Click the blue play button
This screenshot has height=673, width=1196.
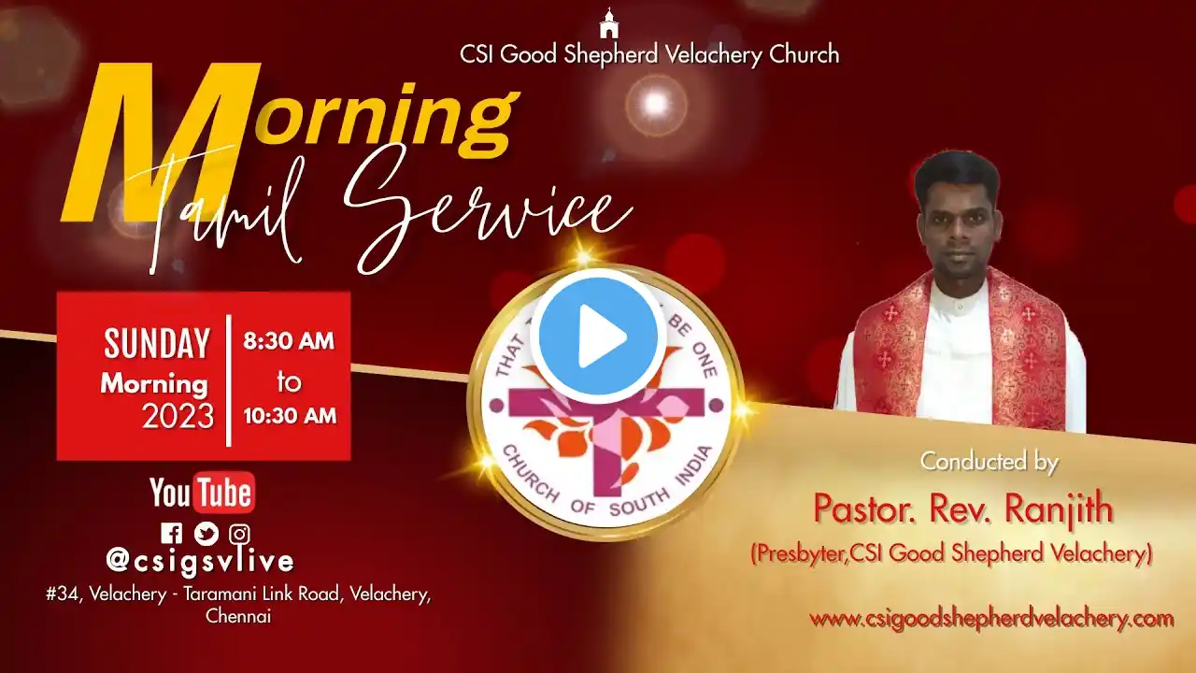pos(598,336)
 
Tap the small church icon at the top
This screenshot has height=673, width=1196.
pos(608,23)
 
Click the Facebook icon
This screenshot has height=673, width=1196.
pos(171,533)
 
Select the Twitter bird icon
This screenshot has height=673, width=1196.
pos(206,533)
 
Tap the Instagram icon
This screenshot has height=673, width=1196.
pos(239,534)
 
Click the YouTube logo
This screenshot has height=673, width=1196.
pos(203,492)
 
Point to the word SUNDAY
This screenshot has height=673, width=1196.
pos(156,343)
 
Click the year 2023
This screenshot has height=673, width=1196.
pos(178,416)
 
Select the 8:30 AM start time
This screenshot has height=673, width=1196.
pos(289,341)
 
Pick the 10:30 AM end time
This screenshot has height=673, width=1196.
pos(290,416)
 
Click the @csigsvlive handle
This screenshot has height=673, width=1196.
pos(200,562)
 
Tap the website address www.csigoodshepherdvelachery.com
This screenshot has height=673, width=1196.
pos(991,620)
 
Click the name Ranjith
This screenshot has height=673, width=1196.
pos(1059,509)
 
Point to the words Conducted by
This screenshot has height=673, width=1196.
pos(989,463)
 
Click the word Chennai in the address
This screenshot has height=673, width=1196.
pos(238,616)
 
